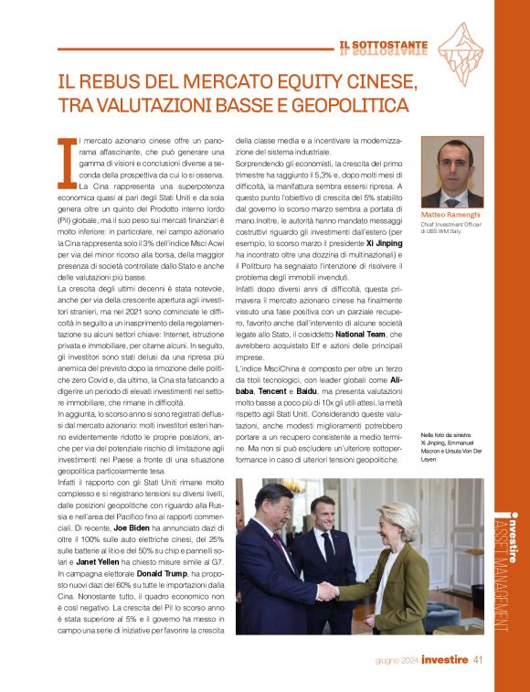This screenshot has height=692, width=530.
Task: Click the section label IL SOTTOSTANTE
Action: (382, 44)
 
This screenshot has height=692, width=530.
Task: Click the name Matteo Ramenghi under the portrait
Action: (450, 215)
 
